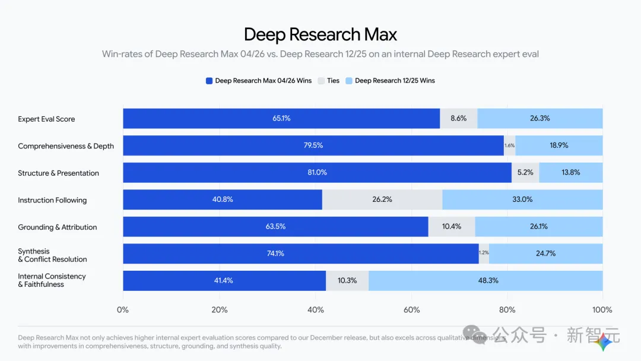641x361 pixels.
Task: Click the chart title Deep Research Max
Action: [x=320, y=34]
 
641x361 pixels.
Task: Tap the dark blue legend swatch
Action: [x=209, y=81]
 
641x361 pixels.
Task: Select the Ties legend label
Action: [x=333, y=81]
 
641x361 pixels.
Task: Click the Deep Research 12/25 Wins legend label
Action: [x=395, y=81]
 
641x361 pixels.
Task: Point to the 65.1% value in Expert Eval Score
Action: [x=281, y=118]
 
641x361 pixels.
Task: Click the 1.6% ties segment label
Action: [x=509, y=145]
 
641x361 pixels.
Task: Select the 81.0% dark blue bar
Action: [x=317, y=172]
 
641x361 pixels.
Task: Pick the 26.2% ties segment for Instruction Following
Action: [x=382, y=199]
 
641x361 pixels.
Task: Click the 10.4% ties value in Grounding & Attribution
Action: [x=452, y=226]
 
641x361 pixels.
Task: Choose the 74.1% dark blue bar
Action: [x=300, y=254]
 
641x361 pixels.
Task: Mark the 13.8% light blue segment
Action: [x=570, y=172]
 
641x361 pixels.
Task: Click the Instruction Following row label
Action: [x=52, y=200]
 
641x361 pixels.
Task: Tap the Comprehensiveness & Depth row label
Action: [x=66, y=146]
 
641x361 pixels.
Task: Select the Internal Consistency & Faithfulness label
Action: [x=52, y=280]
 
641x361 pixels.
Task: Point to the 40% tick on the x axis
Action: [x=315, y=310]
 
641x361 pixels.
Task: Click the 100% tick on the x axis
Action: [x=602, y=310]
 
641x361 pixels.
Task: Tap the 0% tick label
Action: [x=123, y=310]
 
